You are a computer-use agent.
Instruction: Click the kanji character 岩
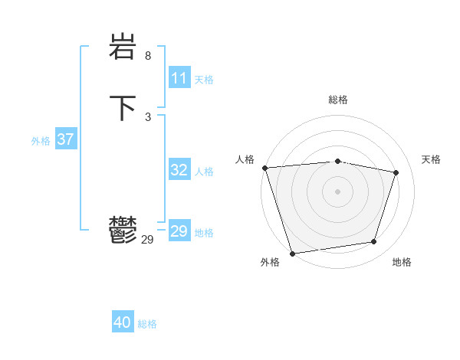(x=123, y=49)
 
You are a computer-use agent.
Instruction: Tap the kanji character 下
(x=123, y=107)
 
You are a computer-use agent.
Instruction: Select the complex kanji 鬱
(x=123, y=229)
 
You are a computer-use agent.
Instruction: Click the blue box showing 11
(x=179, y=78)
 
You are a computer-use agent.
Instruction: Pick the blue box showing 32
(x=179, y=170)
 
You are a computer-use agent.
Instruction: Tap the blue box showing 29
(x=179, y=231)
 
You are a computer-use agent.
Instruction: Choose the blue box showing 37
(x=66, y=139)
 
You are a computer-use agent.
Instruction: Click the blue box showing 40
(x=123, y=322)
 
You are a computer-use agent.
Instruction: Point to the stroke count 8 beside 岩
(x=148, y=56)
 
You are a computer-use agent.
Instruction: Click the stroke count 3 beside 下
(x=148, y=116)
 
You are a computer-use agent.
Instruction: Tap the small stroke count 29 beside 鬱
(x=148, y=240)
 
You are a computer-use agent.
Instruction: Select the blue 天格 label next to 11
(x=204, y=80)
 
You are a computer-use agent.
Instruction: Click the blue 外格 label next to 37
(x=41, y=141)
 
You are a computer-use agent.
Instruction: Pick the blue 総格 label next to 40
(x=147, y=324)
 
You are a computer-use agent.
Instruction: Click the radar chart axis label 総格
(x=337, y=100)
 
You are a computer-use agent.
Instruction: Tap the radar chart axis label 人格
(x=245, y=159)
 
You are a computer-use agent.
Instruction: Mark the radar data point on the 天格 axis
(x=396, y=172)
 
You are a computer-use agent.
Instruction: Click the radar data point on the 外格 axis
(x=292, y=253)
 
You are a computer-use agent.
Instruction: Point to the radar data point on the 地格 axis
(x=374, y=242)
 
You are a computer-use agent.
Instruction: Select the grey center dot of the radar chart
(x=337, y=191)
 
